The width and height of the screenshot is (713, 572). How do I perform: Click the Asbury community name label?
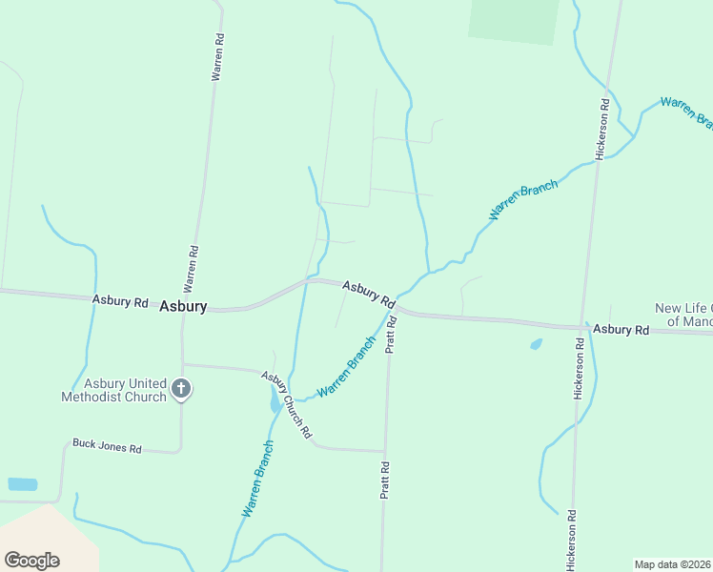(x=183, y=306)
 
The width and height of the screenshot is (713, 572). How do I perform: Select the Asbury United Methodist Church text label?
(x=113, y=389)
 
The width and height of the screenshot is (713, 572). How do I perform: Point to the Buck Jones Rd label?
(x=107, y=446)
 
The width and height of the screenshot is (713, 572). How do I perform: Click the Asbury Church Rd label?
(x=287, y=404)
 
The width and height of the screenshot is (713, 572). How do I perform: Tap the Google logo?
(x=31, y=560)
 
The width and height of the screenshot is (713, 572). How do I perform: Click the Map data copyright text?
(x=673, y=564)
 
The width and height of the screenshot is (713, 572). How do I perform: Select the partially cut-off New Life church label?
(x=682, y=315)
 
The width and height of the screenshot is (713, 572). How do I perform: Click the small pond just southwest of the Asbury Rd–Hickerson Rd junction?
(x=536, y=344)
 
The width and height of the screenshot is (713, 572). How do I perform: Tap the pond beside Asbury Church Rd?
(x=275, y=401)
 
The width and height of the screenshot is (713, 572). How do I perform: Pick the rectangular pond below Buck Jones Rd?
(x=22, y=484)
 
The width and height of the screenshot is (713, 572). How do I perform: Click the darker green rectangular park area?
(x=513, y=20)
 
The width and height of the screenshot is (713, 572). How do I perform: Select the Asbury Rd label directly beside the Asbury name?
(x=120, y=301)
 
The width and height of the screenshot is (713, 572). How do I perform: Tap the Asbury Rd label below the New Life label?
(x=621, y=330)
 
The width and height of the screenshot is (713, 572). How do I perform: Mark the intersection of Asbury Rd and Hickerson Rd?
(x=584, y=327)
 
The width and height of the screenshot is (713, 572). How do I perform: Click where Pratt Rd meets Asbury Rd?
(x=394, y=310)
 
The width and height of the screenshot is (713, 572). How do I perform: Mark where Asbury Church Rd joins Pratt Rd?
(x=385, y=451)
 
